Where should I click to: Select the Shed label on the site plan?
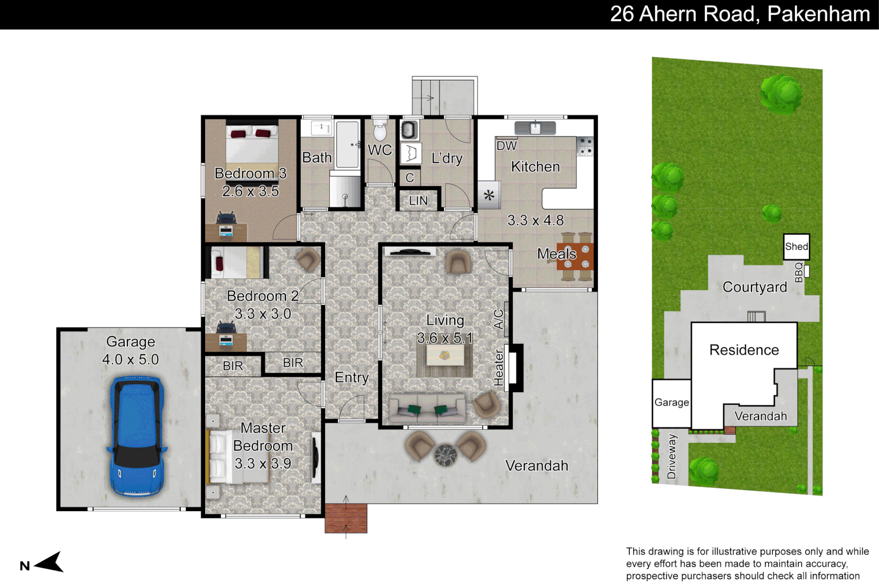click(797, 246)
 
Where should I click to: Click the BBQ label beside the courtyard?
click(799, 272)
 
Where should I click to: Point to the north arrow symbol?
click(50, 563)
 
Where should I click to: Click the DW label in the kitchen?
click(507, 145)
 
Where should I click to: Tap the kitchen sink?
click(535, 128)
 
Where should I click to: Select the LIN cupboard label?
click(418, 201)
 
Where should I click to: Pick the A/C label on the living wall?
click(499, 319)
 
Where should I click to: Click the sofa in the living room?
click(428, 409)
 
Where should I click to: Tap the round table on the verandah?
click(445, 455)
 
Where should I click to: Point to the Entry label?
click(352, 378)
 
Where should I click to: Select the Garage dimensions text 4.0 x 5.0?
click(130, 359)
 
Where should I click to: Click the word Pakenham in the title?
click(818, 14)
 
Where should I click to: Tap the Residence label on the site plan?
click(744, 350)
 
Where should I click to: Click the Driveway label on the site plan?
click(672, 456)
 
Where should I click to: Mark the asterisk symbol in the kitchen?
click(489, 195)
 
